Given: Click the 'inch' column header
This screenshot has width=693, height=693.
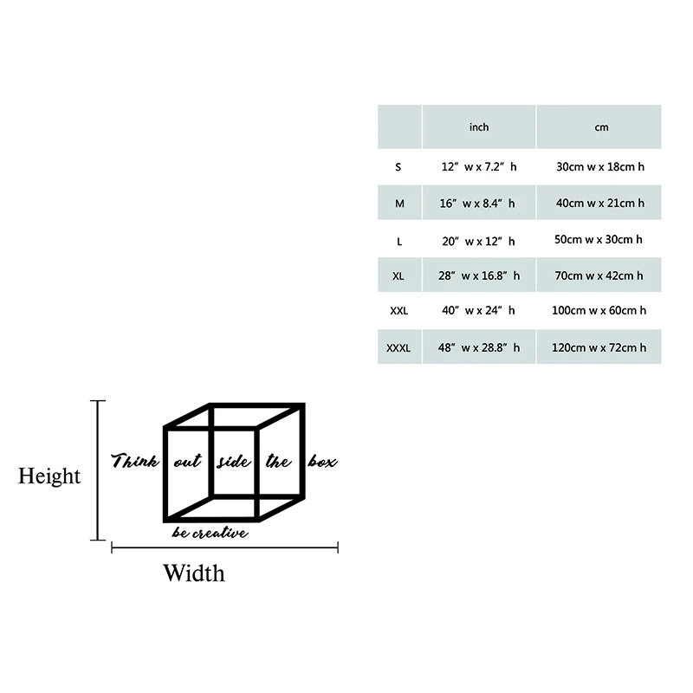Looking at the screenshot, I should tap(479, 127).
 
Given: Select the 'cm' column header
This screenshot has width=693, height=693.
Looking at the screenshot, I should tap(601, 127).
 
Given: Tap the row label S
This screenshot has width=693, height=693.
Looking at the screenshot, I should tap(398, 166).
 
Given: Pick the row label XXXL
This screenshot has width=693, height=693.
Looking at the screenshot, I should tap(398, 348).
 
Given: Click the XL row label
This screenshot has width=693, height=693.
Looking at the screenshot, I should tap(398, 275).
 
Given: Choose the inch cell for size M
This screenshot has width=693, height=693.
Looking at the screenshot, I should tap(478, 204).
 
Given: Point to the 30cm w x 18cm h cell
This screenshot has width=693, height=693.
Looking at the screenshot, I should tap(600, 166).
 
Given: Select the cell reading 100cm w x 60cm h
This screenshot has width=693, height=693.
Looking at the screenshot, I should tap(600, 310).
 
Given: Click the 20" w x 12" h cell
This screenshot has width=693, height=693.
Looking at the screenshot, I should tap(478, 241).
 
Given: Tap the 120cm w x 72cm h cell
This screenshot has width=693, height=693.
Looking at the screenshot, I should tap(600, 348).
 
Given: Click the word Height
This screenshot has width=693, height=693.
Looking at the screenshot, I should tap(49, 476).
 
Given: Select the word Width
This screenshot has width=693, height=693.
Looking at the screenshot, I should tap(194, 573).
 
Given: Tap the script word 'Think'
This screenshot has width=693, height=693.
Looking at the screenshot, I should tap(135, 460).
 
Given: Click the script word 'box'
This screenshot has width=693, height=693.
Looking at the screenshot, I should tap(322, 462).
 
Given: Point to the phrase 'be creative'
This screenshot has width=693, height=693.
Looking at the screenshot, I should tap(210, 533).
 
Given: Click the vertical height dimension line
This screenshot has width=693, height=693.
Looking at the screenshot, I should tap(99, 470).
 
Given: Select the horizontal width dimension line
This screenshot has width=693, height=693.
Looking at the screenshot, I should tap(225, 547).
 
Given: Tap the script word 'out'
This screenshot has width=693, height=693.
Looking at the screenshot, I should tap(187, 462).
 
